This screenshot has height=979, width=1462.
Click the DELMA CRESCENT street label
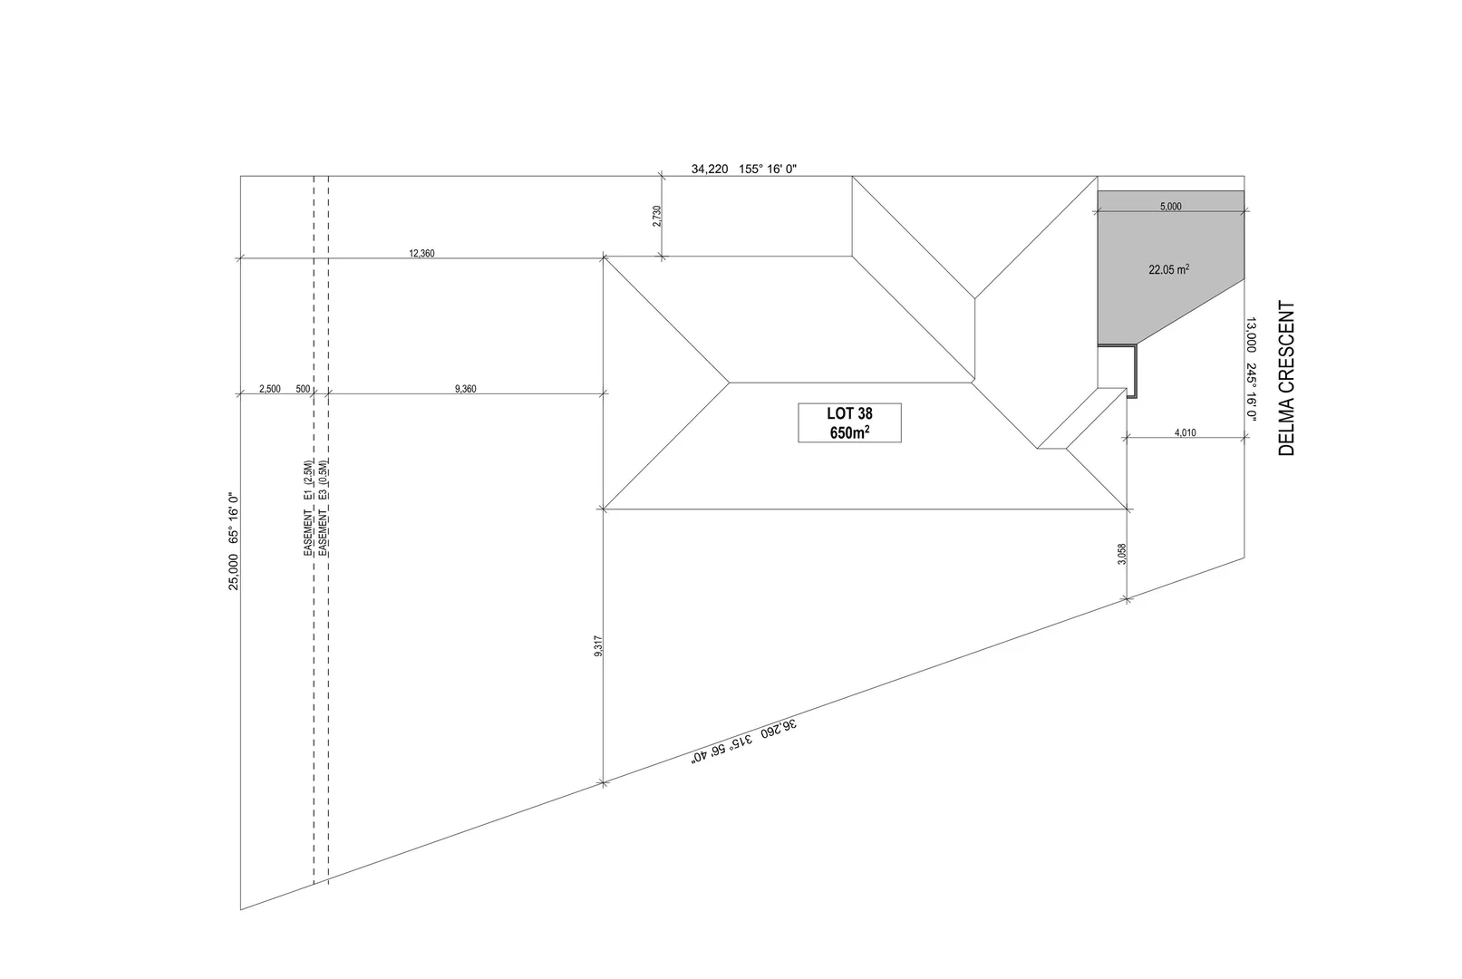pos(1287,378)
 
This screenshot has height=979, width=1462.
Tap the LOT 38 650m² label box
pos(849,422)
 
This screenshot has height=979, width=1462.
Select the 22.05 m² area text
pos(1168,269)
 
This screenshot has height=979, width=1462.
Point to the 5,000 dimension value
pos(1170,207)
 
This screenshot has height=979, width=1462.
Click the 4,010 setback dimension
pos(1185,433)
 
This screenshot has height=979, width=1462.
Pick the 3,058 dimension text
pos(1122,554)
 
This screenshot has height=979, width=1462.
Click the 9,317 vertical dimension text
pos(598,645)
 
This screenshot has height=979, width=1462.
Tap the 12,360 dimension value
pos(422,254)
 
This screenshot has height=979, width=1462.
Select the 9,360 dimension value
pos(465,389)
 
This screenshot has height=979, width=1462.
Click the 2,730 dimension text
pos(657,216)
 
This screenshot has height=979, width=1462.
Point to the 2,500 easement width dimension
pos(269,389)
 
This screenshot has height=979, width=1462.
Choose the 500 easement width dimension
pos(303,389)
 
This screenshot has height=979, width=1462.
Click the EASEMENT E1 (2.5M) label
pos(309,508)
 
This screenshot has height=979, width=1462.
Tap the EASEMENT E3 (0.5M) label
pos(324,508)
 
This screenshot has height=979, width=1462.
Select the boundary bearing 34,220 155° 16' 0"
pos(743,169)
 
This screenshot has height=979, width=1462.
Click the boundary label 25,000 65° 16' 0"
pos(233,541)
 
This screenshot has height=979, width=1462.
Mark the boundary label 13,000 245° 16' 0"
pos(1251,369)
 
